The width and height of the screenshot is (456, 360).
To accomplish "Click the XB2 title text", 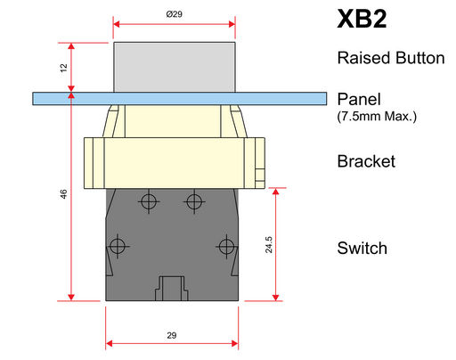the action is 362,19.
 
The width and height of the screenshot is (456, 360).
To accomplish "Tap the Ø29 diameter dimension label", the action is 175,14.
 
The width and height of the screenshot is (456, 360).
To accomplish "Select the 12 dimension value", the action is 63,68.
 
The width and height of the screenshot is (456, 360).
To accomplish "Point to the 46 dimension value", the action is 63,194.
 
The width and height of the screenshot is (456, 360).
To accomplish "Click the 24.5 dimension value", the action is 269,245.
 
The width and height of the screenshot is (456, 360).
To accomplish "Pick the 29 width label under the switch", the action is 172,335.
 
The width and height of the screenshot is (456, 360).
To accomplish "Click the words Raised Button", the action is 391,58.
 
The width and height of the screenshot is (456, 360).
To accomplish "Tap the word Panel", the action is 359,99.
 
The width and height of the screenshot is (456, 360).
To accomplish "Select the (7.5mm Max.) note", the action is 377,116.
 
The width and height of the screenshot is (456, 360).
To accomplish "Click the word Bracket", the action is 366,161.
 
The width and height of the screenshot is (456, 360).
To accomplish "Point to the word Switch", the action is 362,248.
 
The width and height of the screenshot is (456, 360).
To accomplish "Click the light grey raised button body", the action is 175,67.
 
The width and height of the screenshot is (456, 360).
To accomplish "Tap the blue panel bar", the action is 180,99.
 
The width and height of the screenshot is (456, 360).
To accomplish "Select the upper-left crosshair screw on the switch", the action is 149,201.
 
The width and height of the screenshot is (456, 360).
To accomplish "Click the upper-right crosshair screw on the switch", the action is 194,202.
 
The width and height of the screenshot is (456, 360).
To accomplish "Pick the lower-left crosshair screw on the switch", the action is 118,246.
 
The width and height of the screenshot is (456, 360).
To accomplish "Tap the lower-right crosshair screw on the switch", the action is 226,246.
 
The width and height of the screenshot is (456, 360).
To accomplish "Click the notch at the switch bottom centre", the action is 172,289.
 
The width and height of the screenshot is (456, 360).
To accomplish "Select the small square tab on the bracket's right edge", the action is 260,175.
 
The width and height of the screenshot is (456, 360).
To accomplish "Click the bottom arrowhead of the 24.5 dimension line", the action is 275,298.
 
